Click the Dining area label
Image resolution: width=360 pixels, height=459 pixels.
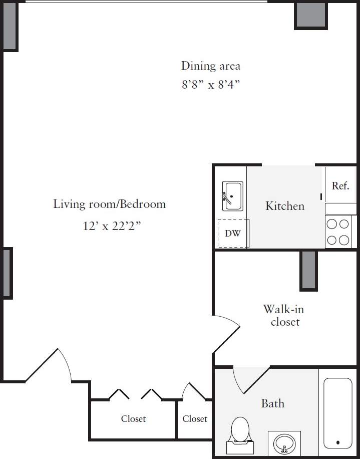point(210,66)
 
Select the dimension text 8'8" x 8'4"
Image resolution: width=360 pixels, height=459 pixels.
point(210,85)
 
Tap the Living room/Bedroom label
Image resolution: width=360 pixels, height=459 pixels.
point(109,204)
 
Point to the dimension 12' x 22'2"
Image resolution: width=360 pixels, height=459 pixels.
point(112,226)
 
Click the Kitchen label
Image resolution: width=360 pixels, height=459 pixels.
point(284,206)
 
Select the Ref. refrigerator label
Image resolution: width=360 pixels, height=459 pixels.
point(340,186)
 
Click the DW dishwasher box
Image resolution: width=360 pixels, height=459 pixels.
point(232,233)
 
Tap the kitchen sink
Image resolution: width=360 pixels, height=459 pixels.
point(232,196)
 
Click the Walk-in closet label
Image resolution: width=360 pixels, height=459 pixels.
point(284,315)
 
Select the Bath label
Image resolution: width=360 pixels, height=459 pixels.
point(272,403)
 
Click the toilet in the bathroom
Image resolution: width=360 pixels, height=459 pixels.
point(240,432)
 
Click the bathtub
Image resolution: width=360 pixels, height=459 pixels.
point(338,413)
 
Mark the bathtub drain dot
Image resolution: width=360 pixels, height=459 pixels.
point(338,442)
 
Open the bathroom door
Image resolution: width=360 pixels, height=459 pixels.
point(250,381)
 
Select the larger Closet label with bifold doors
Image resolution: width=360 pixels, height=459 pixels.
point(133,419)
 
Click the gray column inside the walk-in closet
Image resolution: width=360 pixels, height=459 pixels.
point(308,270)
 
